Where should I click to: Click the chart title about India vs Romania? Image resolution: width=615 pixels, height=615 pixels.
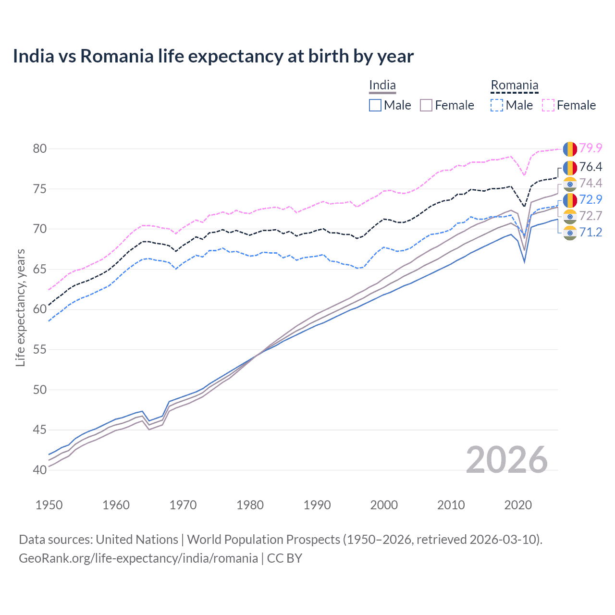coord(213,56)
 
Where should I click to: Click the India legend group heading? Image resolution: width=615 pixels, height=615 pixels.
coord(382,86)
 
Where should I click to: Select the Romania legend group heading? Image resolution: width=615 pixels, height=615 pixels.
coord(514,86)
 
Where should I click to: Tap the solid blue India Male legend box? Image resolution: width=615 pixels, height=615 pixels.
coord(375,105)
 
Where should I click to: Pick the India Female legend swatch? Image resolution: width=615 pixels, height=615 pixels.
coord(426,105)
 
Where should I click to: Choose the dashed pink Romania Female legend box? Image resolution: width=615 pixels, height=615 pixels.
coord(548,105)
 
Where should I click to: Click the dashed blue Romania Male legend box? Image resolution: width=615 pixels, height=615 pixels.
coord(497,105)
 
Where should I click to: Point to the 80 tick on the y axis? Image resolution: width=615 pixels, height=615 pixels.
coord(40,148)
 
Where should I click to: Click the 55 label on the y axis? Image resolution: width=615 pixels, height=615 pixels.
coord(40,349)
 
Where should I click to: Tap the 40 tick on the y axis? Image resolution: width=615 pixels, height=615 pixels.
coord(40,470)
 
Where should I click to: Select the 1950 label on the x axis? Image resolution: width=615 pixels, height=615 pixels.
coord(49,505)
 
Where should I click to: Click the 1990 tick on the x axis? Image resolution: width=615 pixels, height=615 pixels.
coord(317,505)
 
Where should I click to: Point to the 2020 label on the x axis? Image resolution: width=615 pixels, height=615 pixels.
coord(518,505)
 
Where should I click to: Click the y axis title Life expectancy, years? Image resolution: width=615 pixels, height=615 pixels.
coord(20,307)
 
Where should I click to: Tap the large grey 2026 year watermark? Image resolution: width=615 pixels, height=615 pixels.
coord(506,460)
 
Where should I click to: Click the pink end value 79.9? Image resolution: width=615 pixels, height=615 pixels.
coord(590,148)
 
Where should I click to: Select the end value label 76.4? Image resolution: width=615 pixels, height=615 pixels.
coord(590,167)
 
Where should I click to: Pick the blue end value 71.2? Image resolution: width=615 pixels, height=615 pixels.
coord(590,233)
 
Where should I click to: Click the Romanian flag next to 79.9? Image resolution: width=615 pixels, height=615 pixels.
coord(570,148)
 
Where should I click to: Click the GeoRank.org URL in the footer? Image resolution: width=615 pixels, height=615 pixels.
coord(138,558)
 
